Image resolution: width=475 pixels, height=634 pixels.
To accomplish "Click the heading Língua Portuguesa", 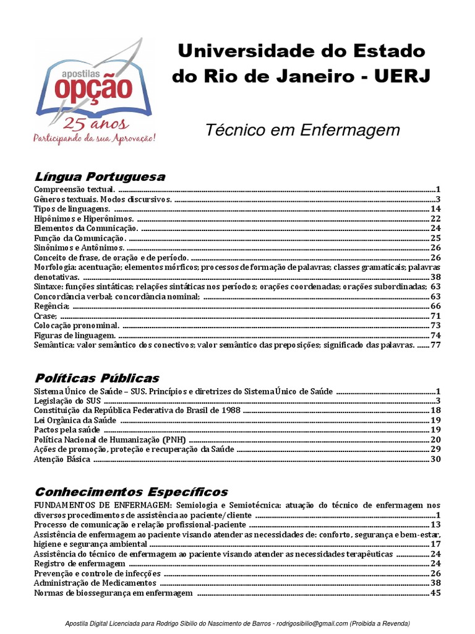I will coord(100,177).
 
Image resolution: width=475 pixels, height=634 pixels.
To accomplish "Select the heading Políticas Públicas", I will coord(96,378).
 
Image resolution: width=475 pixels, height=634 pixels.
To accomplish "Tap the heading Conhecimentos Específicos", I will coord(131,492).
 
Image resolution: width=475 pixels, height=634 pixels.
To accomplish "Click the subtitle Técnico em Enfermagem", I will coord(302,131).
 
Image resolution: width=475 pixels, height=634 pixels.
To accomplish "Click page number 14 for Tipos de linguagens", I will coord(435,209).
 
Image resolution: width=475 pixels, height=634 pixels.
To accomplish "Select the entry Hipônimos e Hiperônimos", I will coord(83,219).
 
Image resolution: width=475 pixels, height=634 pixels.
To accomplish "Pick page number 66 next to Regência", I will coord(435,306).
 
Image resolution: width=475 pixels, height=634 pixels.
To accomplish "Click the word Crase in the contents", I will coord(45,316).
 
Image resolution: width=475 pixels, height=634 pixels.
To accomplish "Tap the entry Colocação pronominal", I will coord(77,325).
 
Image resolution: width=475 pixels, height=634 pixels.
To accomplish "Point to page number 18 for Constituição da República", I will coord(435,410).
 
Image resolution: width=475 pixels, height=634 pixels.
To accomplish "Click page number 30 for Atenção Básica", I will coord(435,459).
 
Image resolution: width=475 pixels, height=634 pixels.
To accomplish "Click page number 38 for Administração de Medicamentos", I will coord(435,583).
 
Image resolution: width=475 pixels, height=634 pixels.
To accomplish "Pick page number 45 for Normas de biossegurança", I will coord(435,593).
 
